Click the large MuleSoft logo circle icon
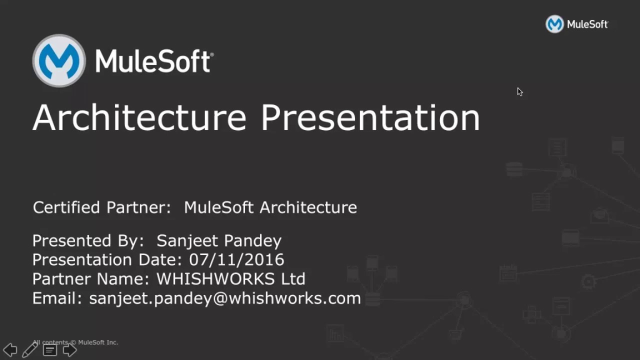point(59,61)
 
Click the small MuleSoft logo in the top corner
point(554,24)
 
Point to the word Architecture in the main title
point(139,118)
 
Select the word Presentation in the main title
point(370,118)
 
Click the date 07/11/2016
point(236,260)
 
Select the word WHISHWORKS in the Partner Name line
point(215,279)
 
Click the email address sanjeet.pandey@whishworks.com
point(225,298)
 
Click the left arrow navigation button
point(10,350)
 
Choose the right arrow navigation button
point(69,350)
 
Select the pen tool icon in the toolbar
point(30,349)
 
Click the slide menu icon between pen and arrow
point(49,350)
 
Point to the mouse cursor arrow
point(519,91)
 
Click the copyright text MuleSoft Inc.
point(98,342)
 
